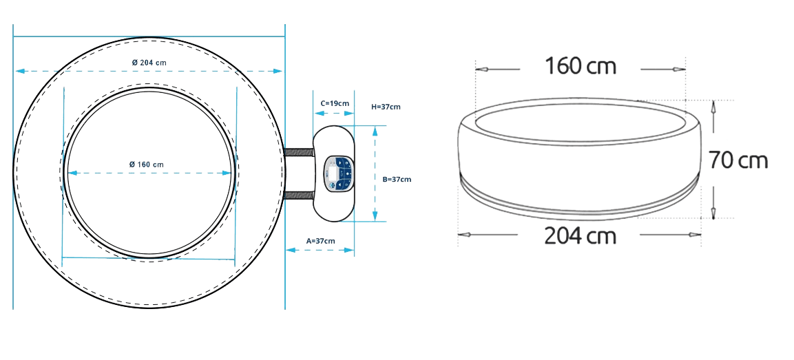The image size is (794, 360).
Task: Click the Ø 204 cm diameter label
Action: [x=149, y=63]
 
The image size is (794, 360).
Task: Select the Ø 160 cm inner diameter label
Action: [x=147, y=165]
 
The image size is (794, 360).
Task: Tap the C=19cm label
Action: [x=335, y=103]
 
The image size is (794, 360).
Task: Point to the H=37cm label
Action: [x=386, y=107]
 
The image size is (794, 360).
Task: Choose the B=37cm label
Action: [x=397, y=179]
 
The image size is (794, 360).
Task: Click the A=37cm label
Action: [x=320, y=241]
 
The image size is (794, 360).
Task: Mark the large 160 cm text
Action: [x=581, y=66]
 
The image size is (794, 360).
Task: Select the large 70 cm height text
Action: [x=738, y=160]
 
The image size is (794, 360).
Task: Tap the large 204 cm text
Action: [x=581, y=236]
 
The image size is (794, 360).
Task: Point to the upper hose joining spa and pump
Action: [x=300, y=152]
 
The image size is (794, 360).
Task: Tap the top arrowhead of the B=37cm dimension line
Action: [x=375, y=131]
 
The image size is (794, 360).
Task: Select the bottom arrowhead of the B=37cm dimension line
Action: [x=375, y=215]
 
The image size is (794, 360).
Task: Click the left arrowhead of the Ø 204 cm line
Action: [x=20, y=71]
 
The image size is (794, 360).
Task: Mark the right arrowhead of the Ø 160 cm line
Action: [x=227, y=173]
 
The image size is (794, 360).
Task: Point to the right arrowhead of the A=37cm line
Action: [x=349, y=250]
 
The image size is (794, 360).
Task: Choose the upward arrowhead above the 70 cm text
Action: [x=713, y=106]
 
